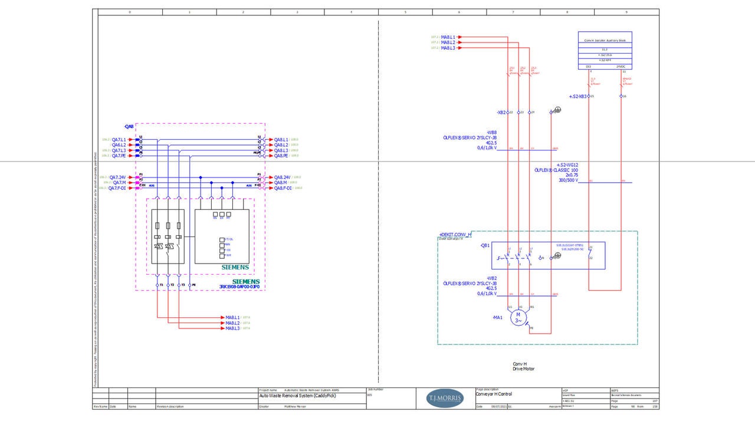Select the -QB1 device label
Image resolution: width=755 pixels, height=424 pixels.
[x=485, y=245]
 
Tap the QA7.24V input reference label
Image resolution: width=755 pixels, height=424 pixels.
[x=117, y=177]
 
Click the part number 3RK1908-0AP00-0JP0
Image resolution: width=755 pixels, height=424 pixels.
[x=239, y=287]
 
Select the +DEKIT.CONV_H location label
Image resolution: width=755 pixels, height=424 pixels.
[x=455, y=234]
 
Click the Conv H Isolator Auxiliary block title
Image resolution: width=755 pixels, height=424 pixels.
[x=605, y=41]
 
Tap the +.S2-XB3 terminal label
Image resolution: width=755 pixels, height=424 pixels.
[x=577, y=96]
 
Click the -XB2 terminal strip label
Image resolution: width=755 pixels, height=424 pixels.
[x=501, y=112]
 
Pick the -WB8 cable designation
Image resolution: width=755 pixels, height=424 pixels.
[x=491, y=132]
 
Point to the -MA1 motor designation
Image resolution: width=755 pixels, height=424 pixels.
[x=497, y=317]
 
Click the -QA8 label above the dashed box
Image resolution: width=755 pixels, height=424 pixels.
[x=129, y=126]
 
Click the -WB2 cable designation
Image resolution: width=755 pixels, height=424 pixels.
[x=491, y=278]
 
